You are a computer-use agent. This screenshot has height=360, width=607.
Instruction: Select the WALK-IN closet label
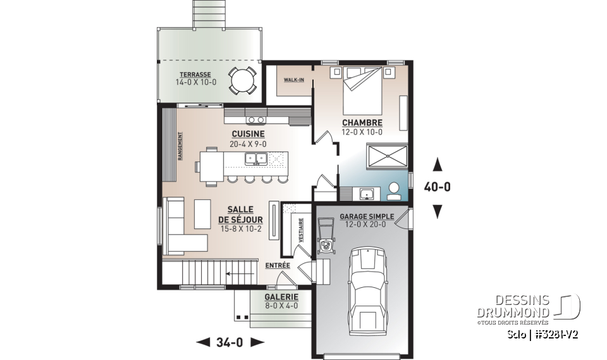pyautogui.click(x=293, y=80)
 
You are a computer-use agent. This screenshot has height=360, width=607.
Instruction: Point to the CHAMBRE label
pyautogui.click(x=362, y=122)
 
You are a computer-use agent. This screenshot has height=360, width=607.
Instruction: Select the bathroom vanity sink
pyautogui.click(x=365, y=192)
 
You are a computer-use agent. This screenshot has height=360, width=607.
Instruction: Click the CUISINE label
pyautogui.click(x=248, y=134)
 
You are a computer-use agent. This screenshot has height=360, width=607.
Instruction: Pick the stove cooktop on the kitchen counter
pyautogui.click(x=256, y=119)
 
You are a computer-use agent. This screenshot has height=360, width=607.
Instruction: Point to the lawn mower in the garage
pyautogui.click(x=326, y=237)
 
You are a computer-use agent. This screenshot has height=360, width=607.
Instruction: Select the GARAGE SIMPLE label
pyautogui.click(x=367, y=216)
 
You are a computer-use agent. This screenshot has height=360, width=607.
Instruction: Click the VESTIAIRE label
pyautogui.click(x=302, y=230)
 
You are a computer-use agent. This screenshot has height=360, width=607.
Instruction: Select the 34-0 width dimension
pyautogui.click(x=230, y=343)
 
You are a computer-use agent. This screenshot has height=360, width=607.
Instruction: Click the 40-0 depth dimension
pyautogui.click(x=436, y=188)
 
